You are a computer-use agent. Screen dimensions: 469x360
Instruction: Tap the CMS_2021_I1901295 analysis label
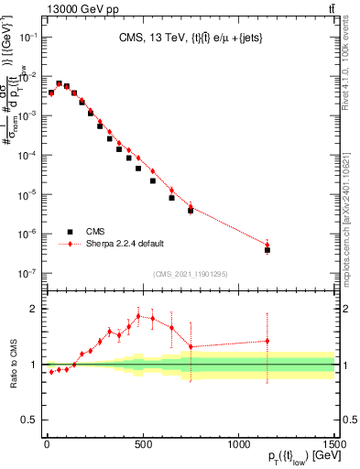[191, 274]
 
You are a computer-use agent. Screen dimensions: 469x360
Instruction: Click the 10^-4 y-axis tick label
[30, 155]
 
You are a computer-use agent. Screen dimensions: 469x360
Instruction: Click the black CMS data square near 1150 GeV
[267, 249]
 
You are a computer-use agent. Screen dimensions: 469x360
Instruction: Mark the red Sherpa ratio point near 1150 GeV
[267, 341]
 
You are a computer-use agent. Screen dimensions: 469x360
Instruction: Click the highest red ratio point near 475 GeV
[138, 316]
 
